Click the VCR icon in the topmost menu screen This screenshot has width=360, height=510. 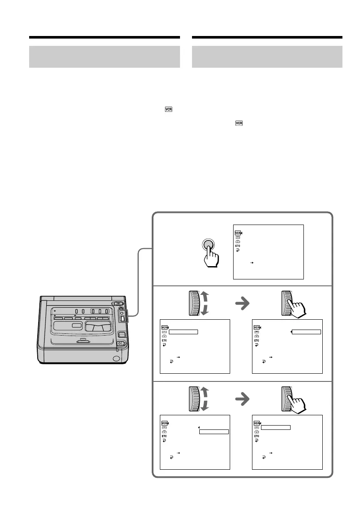tap(238, 233)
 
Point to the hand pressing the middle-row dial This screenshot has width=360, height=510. tap(297, 306)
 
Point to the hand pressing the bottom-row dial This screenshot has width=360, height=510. tap(297, 402)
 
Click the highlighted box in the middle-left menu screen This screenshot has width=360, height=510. tap(183, 331)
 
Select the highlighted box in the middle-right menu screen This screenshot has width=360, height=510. tap(306, 331)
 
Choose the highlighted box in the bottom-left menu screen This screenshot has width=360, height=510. tap(214, 432)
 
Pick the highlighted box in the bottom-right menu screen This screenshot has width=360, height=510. tap(276, 427)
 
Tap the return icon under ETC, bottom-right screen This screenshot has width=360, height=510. tap(256, 440)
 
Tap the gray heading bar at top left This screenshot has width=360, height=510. tap(104, 57)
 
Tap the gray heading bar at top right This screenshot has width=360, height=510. tap(267, 57)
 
